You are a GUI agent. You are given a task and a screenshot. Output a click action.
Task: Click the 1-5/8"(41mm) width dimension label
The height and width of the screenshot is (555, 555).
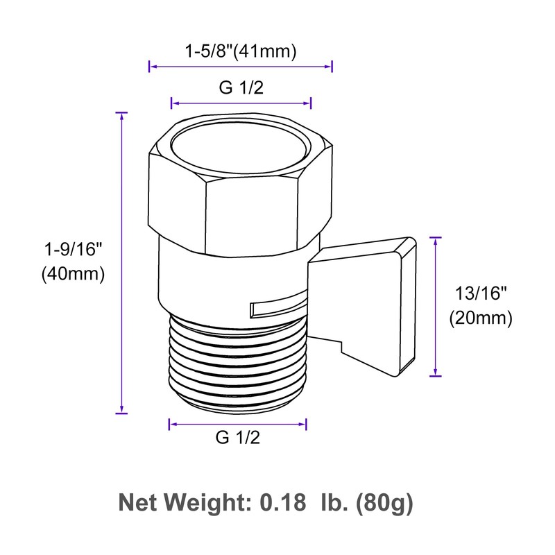[241, 51]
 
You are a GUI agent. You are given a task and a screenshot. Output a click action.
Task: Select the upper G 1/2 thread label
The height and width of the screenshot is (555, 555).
[241, 88]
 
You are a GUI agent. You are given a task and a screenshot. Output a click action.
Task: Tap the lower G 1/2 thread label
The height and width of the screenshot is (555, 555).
[238, 438]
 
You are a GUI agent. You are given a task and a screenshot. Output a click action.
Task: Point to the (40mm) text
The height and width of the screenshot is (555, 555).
[72, 274]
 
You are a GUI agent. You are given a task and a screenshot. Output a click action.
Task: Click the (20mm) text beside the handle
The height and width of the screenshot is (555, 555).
[480, 318]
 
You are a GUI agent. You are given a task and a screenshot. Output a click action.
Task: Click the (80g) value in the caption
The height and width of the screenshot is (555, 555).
[384, 502]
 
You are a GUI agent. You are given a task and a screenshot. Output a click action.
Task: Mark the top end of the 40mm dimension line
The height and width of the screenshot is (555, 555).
[122, 112]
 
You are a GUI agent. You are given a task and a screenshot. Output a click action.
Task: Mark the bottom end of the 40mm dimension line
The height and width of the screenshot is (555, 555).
[122, 413]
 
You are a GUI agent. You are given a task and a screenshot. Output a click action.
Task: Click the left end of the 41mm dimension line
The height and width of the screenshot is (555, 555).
[150, 67]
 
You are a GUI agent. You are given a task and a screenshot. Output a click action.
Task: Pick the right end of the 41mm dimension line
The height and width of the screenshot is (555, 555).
[332, 67]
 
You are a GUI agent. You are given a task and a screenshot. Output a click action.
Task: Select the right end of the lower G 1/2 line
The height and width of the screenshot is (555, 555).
[306, 422]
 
